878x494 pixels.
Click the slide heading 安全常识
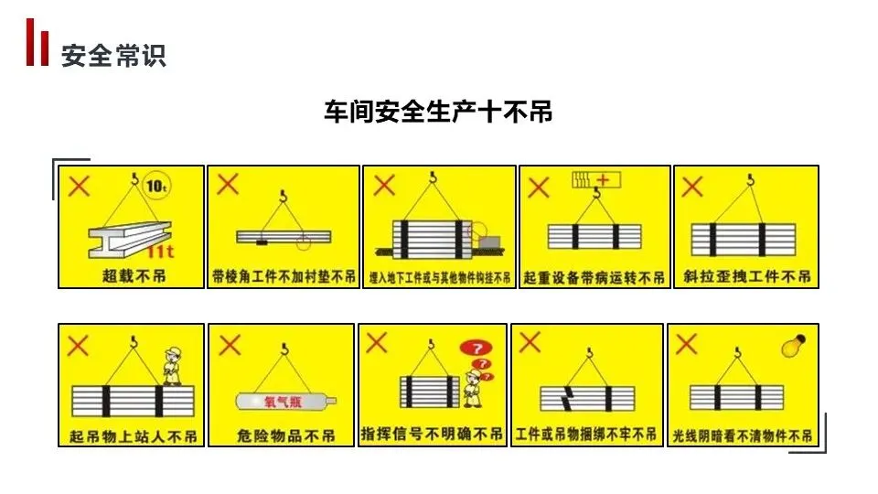tap(112, 56)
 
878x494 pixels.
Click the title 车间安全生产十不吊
tap(438, 112)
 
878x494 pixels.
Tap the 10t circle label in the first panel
tap(157, 186)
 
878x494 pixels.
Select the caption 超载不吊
tap(131, 275)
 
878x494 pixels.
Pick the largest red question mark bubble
tap(475, 348)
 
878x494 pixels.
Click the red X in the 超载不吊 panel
tap(80, 187)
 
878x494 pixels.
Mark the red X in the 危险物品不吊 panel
tap(230, 345)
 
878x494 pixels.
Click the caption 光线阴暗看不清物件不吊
tap(742, 435)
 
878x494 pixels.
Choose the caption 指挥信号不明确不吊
tap(433, 434)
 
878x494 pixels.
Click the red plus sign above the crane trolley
tap(603, 178)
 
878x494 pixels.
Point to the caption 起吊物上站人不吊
tap(133, 435)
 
